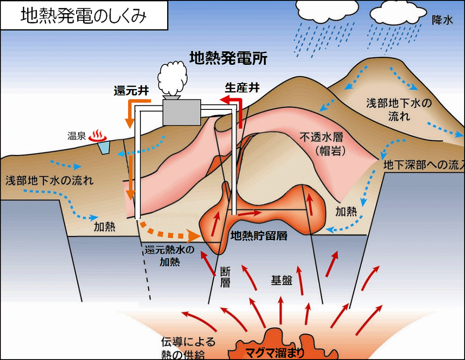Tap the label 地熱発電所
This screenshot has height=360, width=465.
228,58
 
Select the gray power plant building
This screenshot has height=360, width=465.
182,112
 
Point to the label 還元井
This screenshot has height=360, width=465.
132,90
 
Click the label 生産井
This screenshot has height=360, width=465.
242,88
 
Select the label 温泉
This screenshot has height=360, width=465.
76,136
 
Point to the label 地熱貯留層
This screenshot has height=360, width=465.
259,236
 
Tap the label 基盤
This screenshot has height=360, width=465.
282,280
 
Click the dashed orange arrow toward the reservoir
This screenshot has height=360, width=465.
170,232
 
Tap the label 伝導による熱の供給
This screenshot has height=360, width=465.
188,347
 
